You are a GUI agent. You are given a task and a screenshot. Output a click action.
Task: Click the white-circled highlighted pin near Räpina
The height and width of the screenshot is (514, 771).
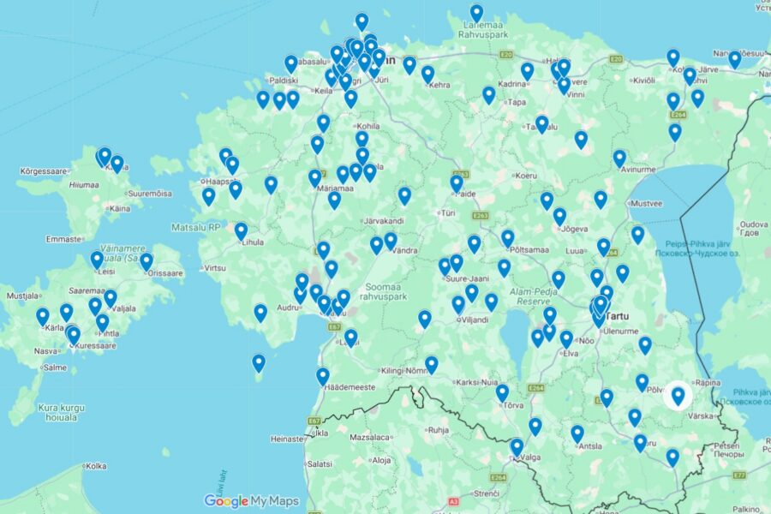[x=678, y=395]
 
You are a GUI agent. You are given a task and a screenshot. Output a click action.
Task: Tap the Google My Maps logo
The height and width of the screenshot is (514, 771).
[x=252, y=501]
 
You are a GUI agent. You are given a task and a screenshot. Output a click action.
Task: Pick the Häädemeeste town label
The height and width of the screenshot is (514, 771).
[x=349, y=387]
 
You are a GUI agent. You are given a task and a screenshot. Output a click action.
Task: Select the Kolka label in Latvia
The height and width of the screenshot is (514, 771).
[x=96, y=466]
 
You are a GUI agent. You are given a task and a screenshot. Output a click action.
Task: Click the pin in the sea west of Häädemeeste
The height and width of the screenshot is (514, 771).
[x=259, y=363]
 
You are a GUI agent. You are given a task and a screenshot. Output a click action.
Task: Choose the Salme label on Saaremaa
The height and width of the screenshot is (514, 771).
[x=54, y=368]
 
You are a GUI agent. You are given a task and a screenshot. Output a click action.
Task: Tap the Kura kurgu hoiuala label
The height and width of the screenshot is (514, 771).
[x=62, y=413]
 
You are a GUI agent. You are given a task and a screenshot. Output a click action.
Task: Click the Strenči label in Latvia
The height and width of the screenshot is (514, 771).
[x=487, y=493]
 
